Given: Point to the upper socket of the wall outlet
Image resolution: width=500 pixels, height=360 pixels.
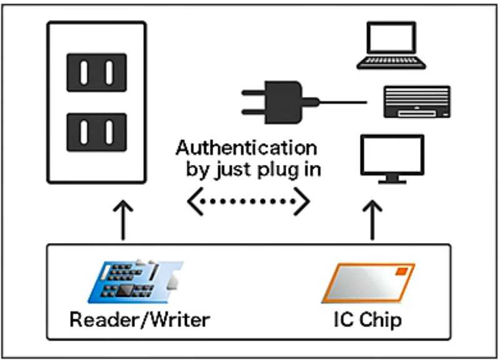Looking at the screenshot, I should [97, 72].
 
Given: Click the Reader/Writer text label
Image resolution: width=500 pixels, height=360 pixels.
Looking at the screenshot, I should [139, 320].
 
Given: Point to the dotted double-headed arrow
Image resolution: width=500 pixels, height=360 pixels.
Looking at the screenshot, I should [249, 201].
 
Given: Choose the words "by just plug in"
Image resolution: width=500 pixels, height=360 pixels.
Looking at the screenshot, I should [252, 169].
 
